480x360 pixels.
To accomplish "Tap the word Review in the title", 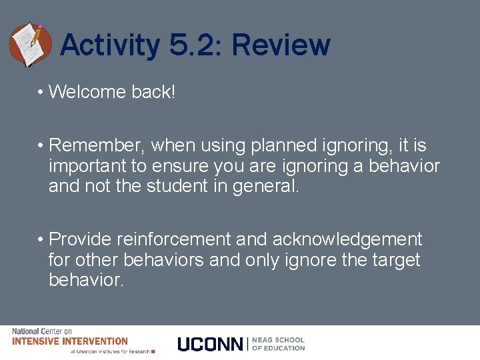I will (x=281, y=45).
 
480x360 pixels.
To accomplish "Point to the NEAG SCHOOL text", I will (x=278, y=340).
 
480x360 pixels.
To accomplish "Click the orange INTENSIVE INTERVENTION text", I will (x=70, y=341).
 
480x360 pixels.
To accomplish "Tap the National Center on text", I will (x=42, y=331).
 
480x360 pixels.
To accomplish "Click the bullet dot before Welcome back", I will (x=41, y=93).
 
